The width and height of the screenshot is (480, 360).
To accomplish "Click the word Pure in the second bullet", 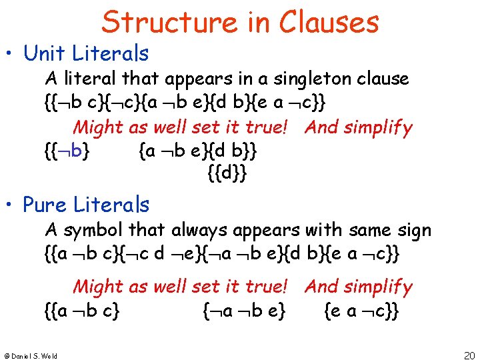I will pyautogui.click(x=43, y=205).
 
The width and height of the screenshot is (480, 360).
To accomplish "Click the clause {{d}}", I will pyautogui.click(x=227, y=175).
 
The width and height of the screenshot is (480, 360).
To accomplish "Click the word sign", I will pyautogui.click(x=413, y=231).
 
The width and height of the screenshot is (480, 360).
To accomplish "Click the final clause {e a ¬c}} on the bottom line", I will pyautogui.click(x=361, y=311).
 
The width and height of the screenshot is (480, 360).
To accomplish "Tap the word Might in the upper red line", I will pyautogui.click(x=100, y=127).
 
